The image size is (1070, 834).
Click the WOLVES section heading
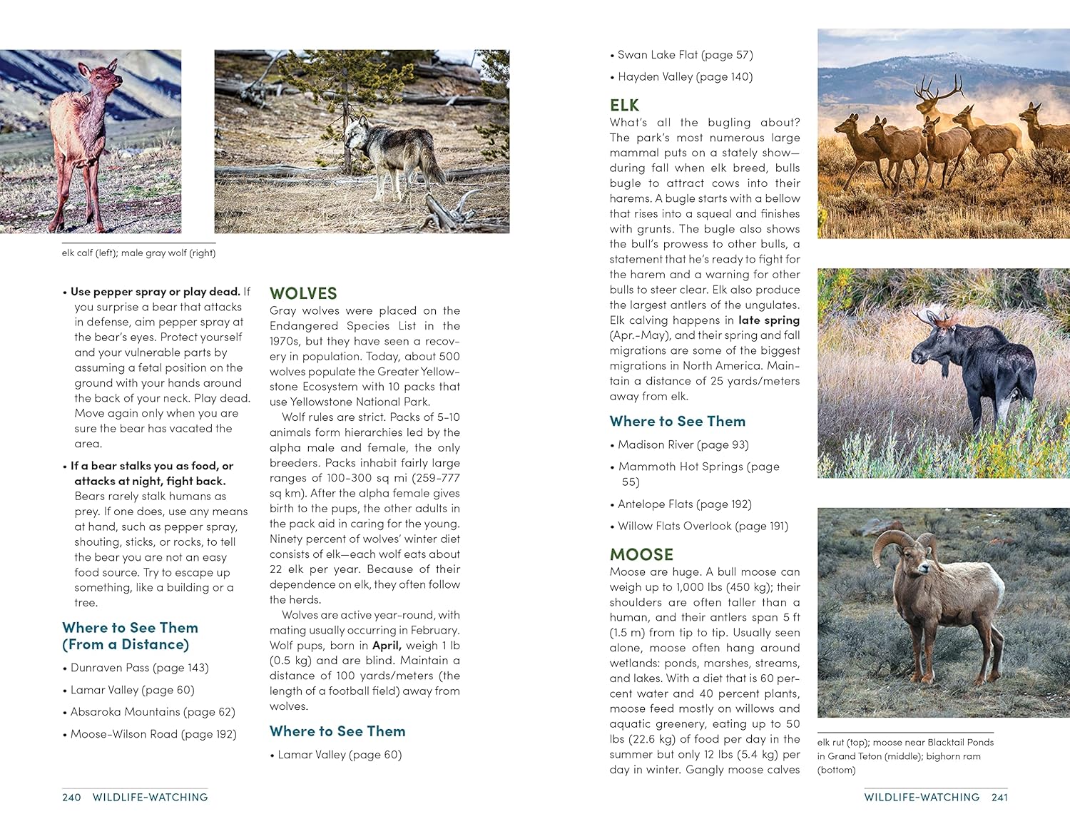pyautogui.click(x=303, y=293)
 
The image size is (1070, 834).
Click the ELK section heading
pyautogui.click(x=624, y=106)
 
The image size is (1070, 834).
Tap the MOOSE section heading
pyautogui.click(x=641, y=554)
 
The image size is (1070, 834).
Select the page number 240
pyautogui.click(x=71, y=797)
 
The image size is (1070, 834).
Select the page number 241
pyautogui.click(x=999, y=797)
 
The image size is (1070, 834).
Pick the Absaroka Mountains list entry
pyautogui.click(x=152, y=712)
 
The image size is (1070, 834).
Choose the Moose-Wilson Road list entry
pyautogui.click(x=153, y=734)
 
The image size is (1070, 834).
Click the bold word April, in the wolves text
pyautogui.click(x=387, y=645)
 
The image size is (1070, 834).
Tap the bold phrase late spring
pyautogui.click(x=769, y=320)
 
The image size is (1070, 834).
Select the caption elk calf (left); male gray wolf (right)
pyautogui.click(x=138, y=253)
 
